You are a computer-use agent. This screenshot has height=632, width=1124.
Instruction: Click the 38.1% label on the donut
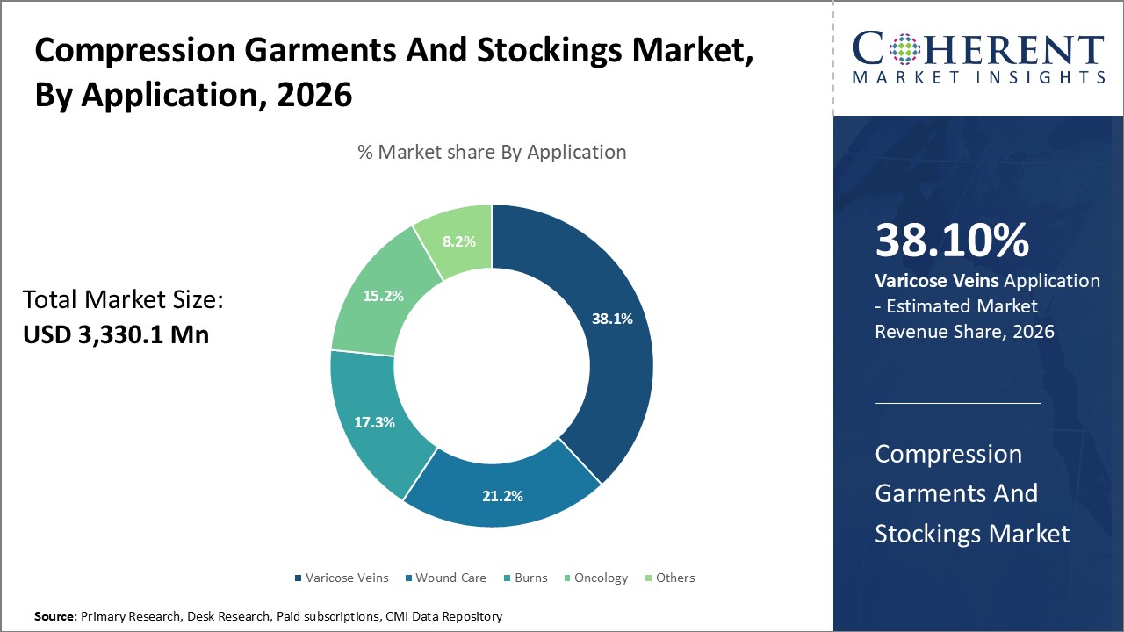(612, 319)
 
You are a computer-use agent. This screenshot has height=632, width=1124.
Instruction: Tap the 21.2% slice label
(502, 496)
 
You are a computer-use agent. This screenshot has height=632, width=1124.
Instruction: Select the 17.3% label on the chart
(374, 422)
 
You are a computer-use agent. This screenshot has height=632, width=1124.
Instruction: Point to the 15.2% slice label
(383, 296)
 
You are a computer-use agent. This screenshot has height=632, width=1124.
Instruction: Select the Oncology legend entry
(601, 578)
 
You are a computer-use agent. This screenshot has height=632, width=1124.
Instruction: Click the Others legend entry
(674, 578)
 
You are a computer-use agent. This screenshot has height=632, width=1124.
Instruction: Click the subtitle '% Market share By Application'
(492, 152)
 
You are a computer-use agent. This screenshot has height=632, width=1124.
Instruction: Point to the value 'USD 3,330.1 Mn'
(116, 334)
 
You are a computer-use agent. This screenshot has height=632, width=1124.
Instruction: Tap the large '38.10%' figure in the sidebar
(952, 241)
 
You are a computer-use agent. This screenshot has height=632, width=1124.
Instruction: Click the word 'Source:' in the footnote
(55, 617)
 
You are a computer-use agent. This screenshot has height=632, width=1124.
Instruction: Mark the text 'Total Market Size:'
(124, 300)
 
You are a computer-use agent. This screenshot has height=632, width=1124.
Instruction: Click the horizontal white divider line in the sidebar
(957, 403)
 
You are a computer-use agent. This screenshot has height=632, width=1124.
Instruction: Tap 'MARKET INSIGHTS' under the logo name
(977, 77)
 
